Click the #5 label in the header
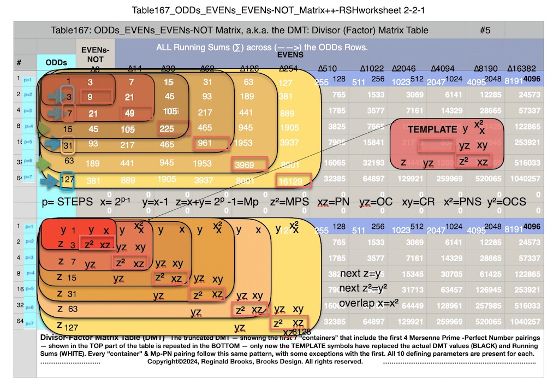(x=485, y=30)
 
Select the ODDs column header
(x=57, y=62)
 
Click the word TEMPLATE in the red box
(x=432, y=129)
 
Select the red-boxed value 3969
(x=249, y=163)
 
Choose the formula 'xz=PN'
(x=335, y=202)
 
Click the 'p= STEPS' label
(x=67, y=202)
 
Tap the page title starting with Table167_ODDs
(x=279, y=10)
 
